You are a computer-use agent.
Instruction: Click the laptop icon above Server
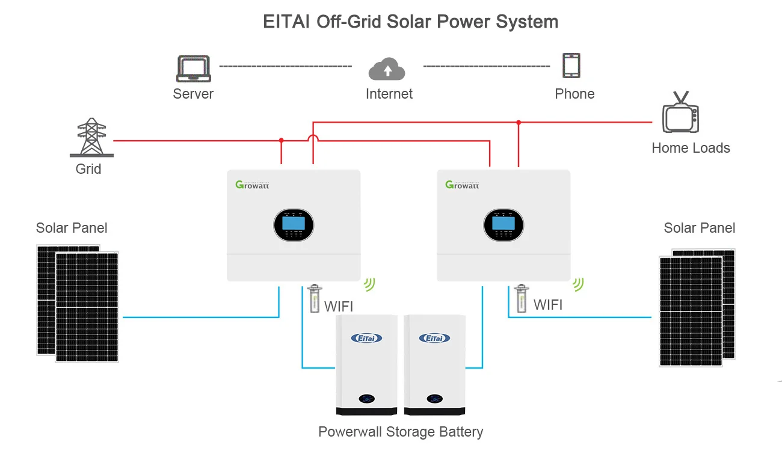point(193,69)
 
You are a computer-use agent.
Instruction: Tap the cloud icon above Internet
point(387,69)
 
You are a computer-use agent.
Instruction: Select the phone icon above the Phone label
point(571,66)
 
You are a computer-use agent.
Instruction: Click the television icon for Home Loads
point(681,115)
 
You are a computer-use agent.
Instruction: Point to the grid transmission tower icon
point(91,138)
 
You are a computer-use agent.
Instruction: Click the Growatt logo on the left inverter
point(252,185)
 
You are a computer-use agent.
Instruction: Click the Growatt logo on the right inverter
point(462,185)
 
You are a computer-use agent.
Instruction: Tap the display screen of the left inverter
point(294,224)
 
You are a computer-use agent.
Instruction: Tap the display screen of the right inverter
point(503,224)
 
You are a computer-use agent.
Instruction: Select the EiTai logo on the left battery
point(366,338)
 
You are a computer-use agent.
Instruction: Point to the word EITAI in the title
point(286,22)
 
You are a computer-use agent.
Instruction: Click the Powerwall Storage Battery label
point(401,432)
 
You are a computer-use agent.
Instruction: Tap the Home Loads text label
point(691,148)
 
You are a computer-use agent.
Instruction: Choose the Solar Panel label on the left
point(72,228)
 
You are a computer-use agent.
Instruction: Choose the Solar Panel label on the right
point(699,228)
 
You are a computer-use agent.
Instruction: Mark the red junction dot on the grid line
point(281,140)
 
